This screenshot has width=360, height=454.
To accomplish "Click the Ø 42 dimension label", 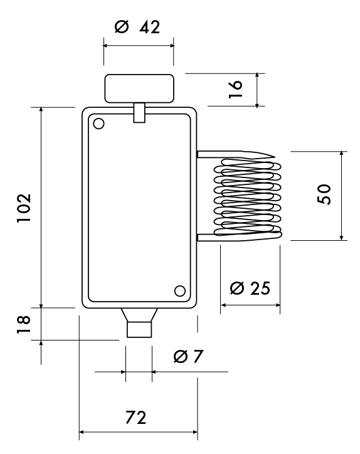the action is pos(137,27).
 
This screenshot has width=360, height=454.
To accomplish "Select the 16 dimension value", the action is pos(235,89).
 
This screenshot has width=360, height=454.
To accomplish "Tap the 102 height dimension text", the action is pos(24,208).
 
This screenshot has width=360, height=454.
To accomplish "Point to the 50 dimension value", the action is pos(324,194).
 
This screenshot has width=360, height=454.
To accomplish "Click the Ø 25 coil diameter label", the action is pos(250,288).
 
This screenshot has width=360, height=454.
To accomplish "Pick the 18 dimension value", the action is pos(23,324).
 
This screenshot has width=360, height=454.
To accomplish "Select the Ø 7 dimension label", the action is pos(188,356).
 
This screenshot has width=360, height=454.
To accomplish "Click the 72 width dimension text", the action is pos(136,418).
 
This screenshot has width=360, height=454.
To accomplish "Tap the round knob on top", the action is pos(139,88).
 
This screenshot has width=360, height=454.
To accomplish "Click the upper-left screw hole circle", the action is pos(98,124).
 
